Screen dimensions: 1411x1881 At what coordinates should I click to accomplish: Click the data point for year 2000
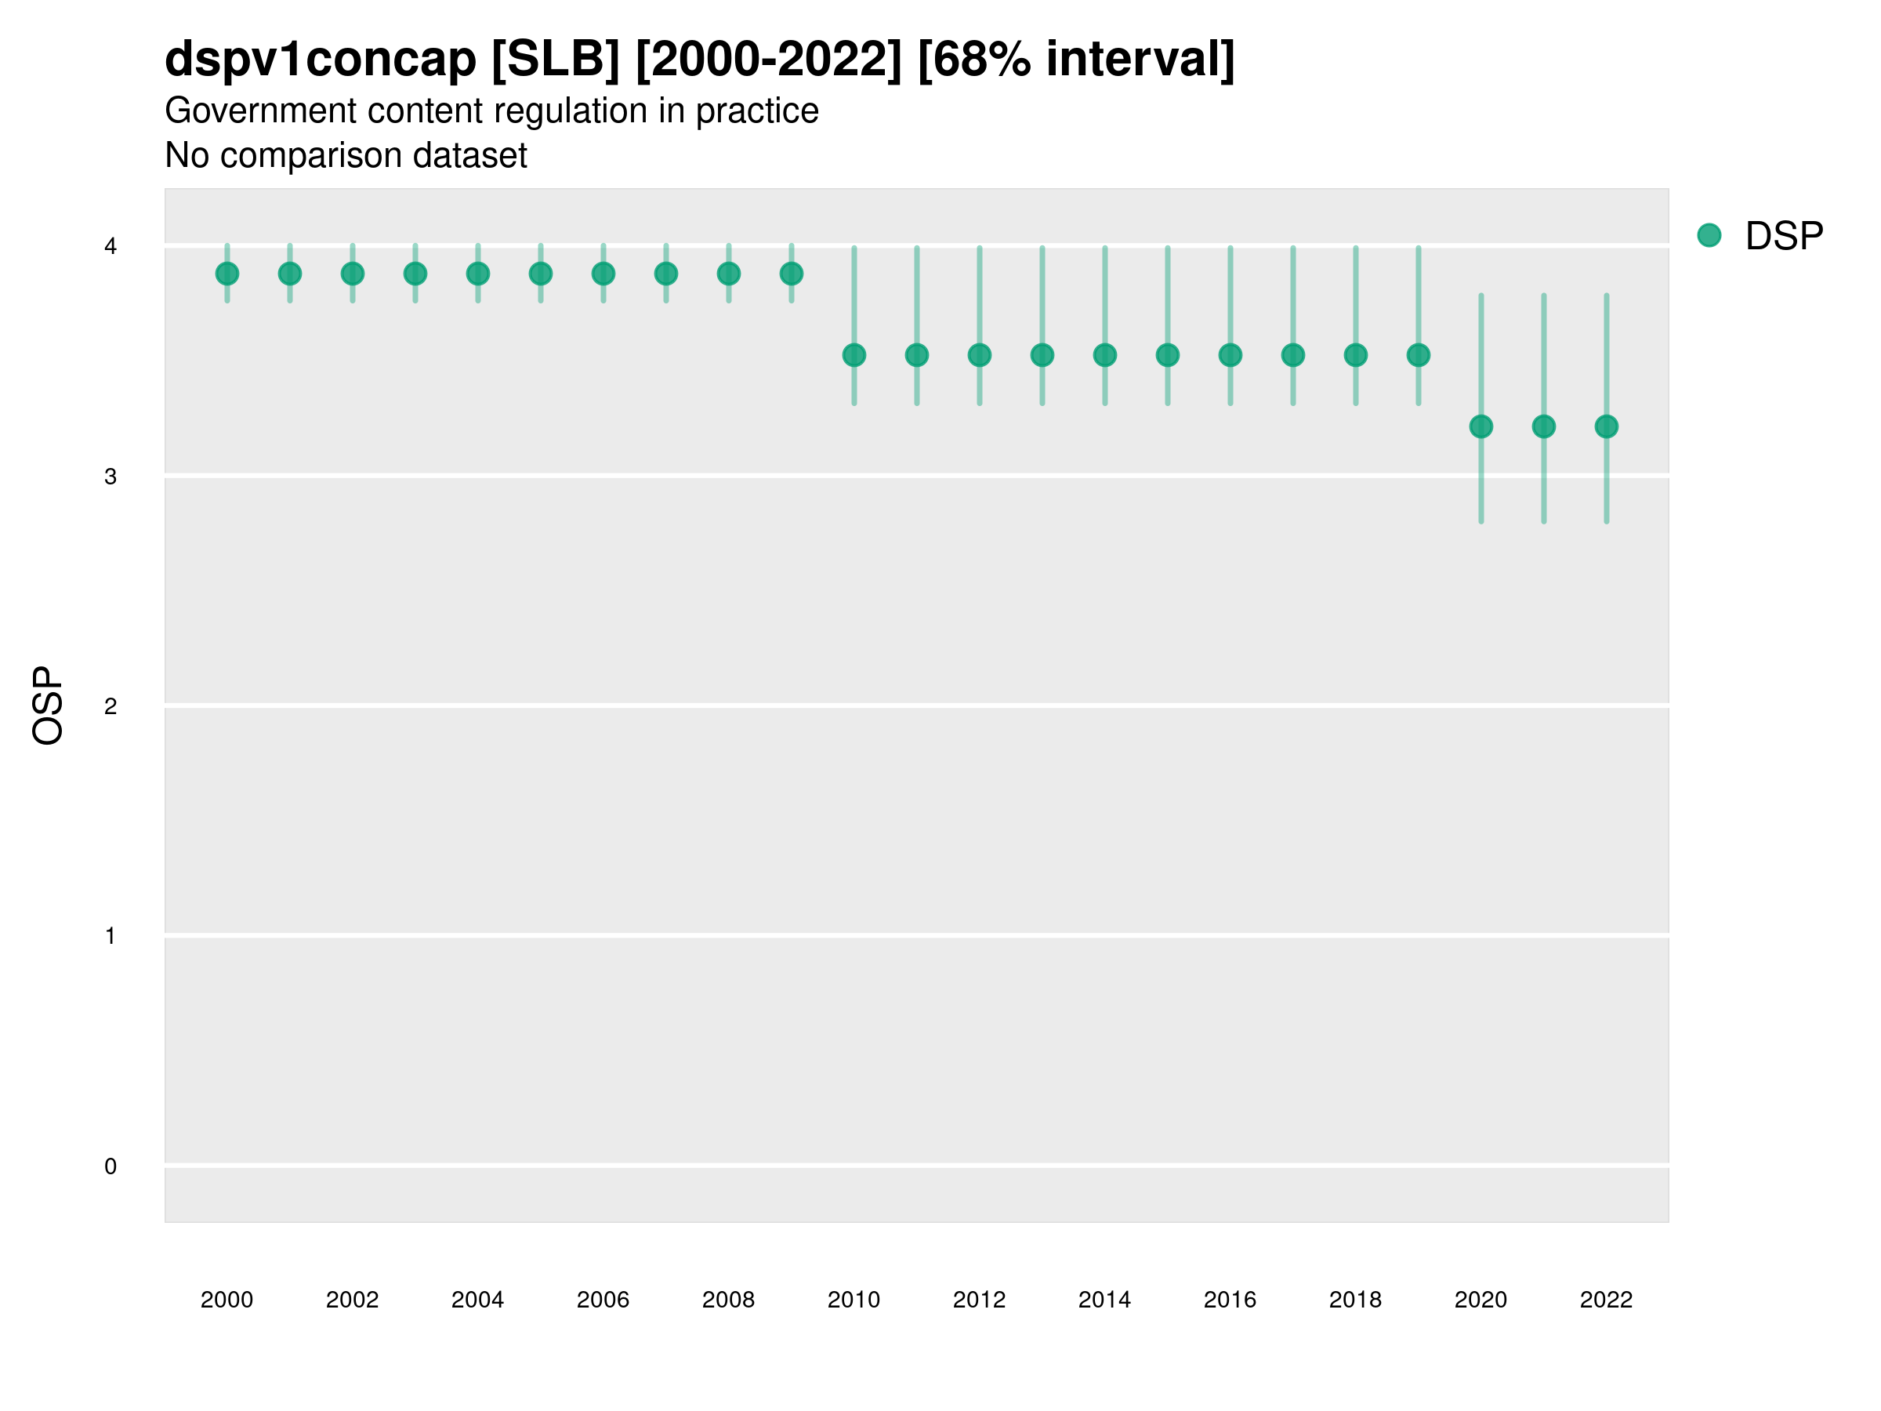[x=227, y=274]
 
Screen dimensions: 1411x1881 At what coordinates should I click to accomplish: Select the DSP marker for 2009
[x=792, y=274]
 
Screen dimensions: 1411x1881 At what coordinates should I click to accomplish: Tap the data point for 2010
[x=854, y=356]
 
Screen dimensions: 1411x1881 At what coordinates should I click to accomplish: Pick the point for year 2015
[x=1168, y=356]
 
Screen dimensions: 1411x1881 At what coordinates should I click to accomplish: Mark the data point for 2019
[x=1419, y=356]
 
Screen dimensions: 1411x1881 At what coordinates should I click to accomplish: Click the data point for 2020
[x=1481, y=427]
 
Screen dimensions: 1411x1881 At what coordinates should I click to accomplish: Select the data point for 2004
[x=478, y=274]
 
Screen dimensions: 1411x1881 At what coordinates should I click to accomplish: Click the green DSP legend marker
[x=1709, y=236]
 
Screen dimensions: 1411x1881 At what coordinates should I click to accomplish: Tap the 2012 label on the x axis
[x=980, y=1300]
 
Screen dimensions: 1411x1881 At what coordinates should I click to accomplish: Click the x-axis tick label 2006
[x=603, y=1300]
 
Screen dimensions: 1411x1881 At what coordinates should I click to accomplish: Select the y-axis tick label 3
[x=111, y=477]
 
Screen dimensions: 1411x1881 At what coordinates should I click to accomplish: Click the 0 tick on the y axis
[x=111, y=1167]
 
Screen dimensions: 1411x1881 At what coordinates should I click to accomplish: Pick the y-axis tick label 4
[x=111, y=247]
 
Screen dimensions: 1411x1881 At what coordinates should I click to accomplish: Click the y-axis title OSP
[x=49, y=706]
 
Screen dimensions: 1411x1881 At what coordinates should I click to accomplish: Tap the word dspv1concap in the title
[x=321, y=60]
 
